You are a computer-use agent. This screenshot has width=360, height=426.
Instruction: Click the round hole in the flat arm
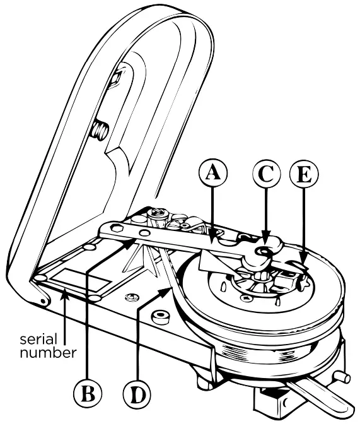pos(145,233)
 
